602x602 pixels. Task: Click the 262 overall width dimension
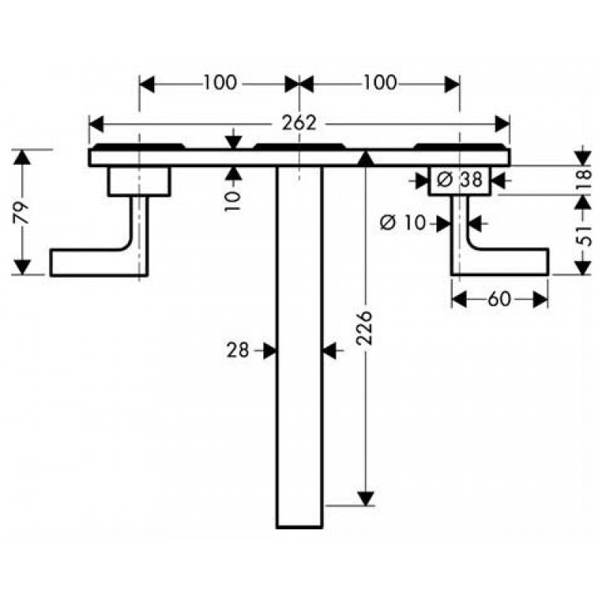pos(299,123)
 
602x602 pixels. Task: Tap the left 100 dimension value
pos(220,83)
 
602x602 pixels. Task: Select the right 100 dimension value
pos(380,83)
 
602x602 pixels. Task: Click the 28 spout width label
pos(238,350)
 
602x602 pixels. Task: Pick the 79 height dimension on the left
pos(22,212)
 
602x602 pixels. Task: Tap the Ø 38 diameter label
pos(460,179)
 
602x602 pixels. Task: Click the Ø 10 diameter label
pos(403,222)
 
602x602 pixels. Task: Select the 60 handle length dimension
pos(499,299)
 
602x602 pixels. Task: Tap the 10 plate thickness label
pos(233,201)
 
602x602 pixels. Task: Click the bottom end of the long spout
pos(299,528)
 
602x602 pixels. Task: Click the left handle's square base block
pos(139,181)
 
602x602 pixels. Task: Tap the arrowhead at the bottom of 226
pos(366,499)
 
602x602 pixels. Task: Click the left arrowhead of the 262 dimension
pos(96,124)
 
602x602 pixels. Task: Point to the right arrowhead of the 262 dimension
pos(503,124)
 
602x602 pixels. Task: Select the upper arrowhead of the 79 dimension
pos(23,157)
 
